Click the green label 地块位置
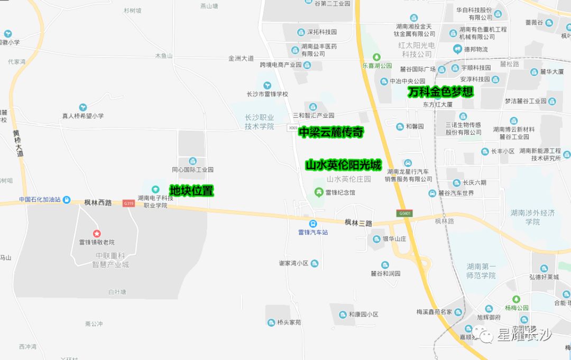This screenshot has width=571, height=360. click(x=191, y=191)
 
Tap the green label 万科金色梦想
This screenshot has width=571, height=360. click(x=440, y=91)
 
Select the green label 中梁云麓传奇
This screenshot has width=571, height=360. click(x=331, y=132)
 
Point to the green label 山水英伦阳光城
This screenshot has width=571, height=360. click(x=343, y=165)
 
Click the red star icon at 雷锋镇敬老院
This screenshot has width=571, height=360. click(x=97, y=233)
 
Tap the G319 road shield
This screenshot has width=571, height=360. click(x=128, y=203)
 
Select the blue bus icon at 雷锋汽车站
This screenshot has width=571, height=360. click(x=313, y=223)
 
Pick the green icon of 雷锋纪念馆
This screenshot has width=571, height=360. click(x=318, y=191)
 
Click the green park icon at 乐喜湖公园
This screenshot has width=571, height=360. click(x=376, y=57)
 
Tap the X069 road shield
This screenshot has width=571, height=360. click(x=292, y=127)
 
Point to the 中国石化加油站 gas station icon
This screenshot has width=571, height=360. click(x=67, y=199)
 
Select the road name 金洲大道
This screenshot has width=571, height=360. click(x=241, y=58)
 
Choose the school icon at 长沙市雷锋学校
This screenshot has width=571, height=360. click(x=268, y=85)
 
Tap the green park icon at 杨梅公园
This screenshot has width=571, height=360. click(x=517, y=299)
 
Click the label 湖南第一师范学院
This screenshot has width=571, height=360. click(x=481, y=271)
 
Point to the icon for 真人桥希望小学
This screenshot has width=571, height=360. click(x=82, y=107)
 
